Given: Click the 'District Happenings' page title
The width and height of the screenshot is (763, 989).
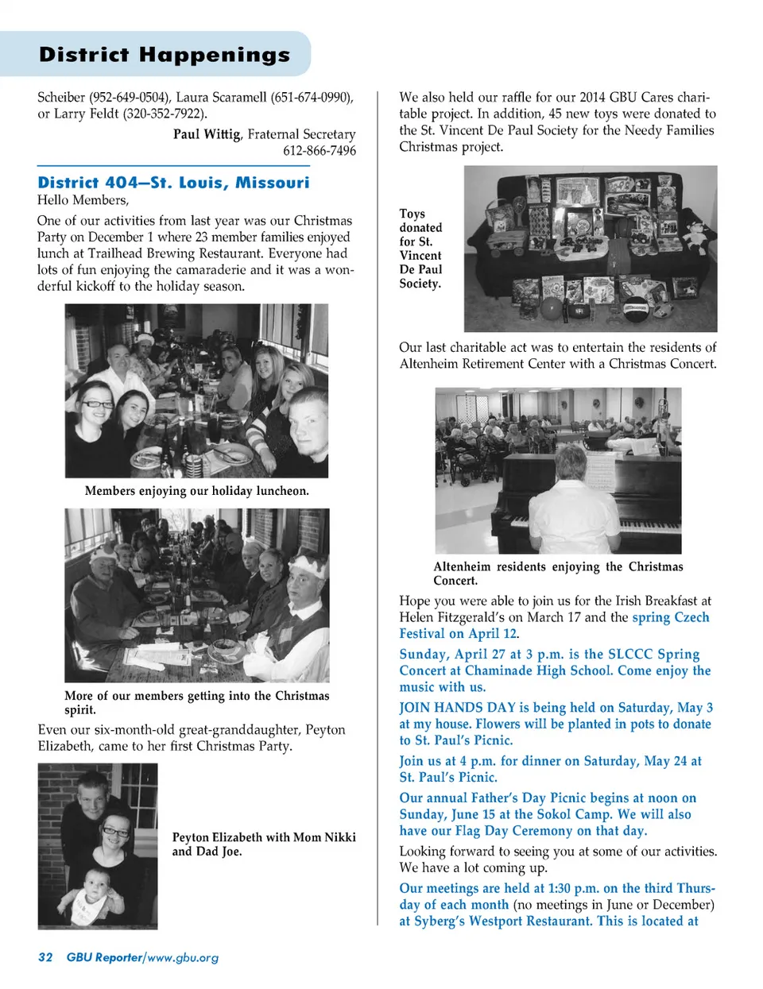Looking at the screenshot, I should pyautogui.click(x=165, y=55).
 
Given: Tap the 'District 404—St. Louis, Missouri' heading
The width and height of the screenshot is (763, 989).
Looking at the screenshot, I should pyautogui.click(x=173, y=183).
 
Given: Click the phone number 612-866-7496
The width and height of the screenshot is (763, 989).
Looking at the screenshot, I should pyautogui.click(x=320, y=151).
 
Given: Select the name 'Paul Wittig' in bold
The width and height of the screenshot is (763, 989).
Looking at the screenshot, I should pyautogui.click(x=207, y=134).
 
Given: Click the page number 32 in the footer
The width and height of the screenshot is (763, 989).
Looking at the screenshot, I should pyautogui.click(x=45, y=957).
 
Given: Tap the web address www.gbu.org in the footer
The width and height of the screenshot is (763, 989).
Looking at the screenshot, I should pyautogui.click(x=183, y=957).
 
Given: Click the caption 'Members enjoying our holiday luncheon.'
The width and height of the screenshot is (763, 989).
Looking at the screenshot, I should pyautogui.click(x=196, y=491).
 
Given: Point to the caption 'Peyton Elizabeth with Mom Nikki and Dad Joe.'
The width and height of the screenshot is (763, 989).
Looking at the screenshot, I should pyautogui.click(x=263, y=844).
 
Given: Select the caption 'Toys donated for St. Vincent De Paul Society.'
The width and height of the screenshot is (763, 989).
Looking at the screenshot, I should pyautogui.click(x=420, y=249).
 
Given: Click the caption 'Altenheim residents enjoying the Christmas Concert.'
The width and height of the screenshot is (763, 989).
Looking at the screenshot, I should pyautogui.click(x=557, y=573).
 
